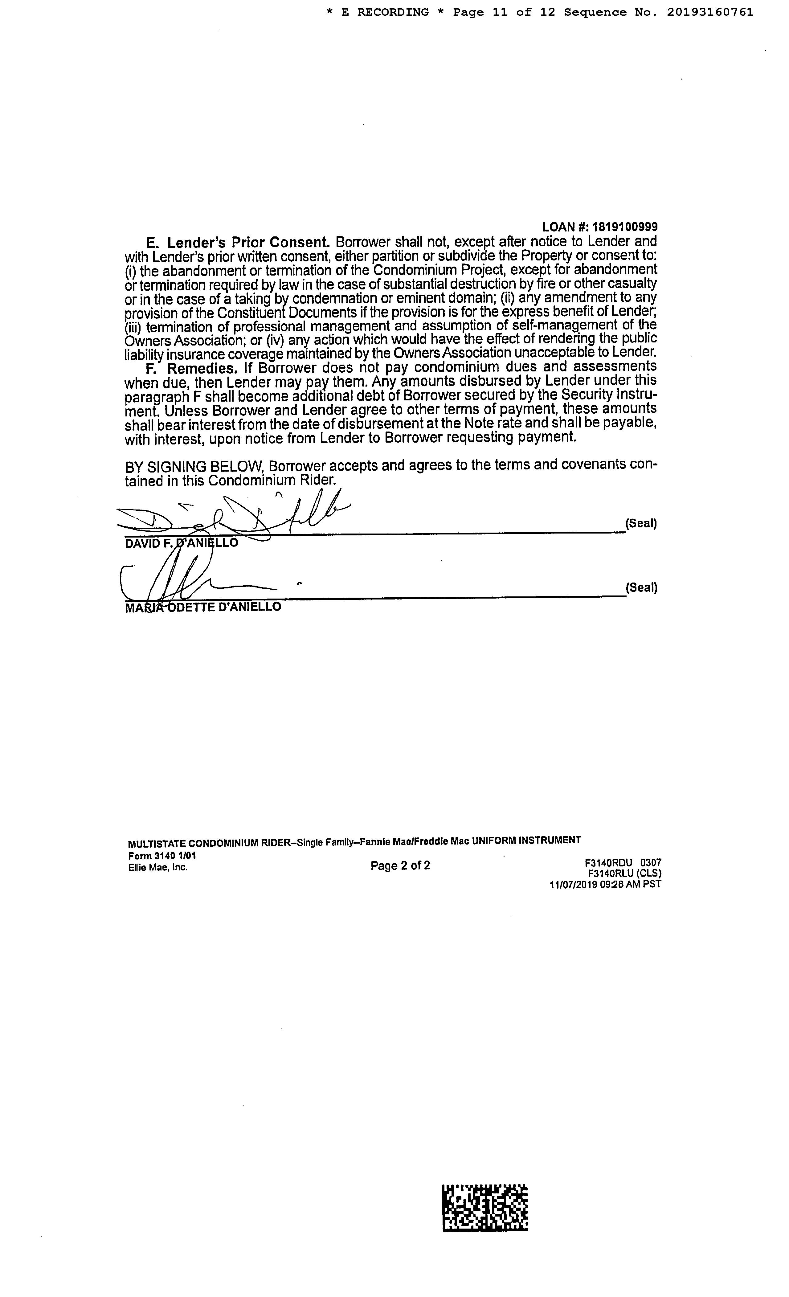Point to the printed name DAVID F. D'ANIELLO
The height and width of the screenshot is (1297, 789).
[x=181, y=543]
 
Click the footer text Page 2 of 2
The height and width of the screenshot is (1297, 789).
[x=400, y=866]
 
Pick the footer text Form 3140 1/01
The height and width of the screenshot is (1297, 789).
[x=162, y=856]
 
